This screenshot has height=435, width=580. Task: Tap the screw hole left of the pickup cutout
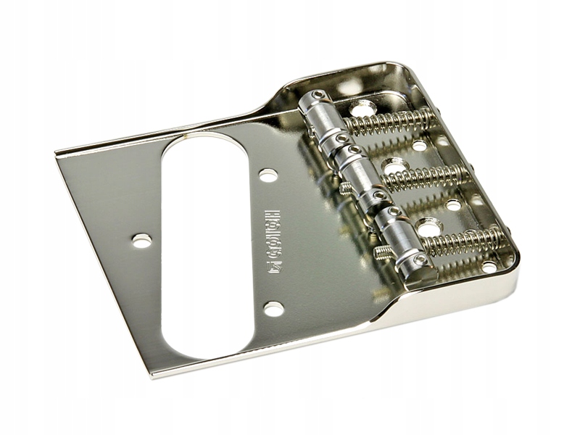click(142, 241)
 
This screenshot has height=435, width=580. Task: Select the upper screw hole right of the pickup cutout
click(268, 175)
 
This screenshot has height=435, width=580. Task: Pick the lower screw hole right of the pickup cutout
click(273, 309)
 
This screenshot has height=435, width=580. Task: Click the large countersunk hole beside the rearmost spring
click(362, 109)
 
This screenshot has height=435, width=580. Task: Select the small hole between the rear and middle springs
click(419, 146)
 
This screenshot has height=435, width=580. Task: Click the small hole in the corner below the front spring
click(489, 266)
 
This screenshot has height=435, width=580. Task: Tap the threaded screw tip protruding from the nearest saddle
click(384, 252)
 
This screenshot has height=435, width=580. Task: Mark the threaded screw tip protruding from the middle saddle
click(346, 187)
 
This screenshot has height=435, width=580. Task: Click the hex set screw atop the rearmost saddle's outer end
click(319, 94)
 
